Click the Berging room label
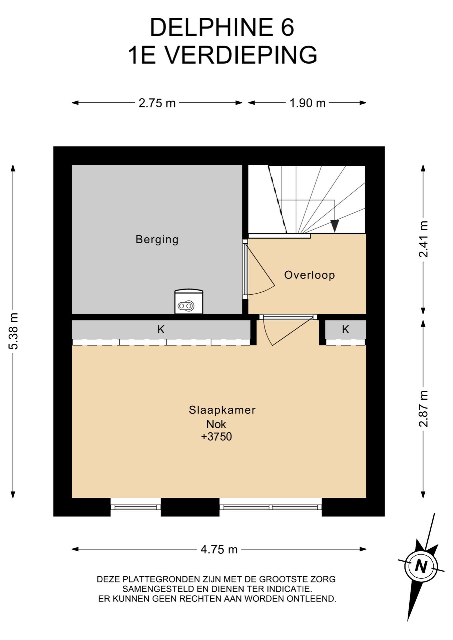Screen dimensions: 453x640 click(157, 239)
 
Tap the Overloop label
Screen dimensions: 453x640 click(309, 275)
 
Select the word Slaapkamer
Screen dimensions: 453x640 click(222, 410)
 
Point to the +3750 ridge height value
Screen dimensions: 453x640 click(216, 436)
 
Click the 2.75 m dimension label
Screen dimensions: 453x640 click(157, 103)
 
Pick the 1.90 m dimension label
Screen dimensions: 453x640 click(307, 103)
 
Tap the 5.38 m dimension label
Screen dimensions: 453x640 click(13, 331)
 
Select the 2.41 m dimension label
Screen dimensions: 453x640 click(423, 239)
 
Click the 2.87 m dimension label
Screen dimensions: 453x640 click(423, 409)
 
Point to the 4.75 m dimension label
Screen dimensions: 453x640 click(219, 549)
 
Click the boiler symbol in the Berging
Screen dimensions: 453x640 click(189, 302)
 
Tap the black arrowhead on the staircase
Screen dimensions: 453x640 click(335, 226)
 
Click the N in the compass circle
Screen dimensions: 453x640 click(421, 566)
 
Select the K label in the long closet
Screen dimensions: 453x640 click(161, 329)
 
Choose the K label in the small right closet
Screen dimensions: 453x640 click(345, 329)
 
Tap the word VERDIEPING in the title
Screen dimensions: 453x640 click(241, 55)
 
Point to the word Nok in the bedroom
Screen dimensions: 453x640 click(216, 424)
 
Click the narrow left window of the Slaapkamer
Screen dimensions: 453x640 click(135, 507)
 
